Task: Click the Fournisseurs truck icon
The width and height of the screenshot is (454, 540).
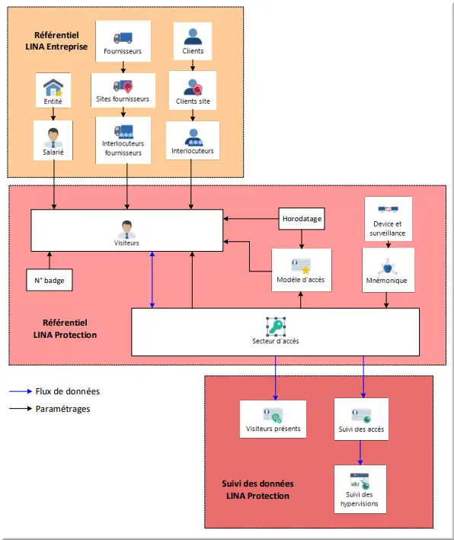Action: tap(123, 38)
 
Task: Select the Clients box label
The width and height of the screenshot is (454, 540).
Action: tap(193, 51)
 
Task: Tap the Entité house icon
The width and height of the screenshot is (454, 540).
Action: tap(53, 88)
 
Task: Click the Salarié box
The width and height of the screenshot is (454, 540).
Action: tap(53, 140)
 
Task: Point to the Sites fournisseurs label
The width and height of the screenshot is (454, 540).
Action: tap(123, 99)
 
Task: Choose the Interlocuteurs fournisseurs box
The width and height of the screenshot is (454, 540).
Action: tap(123, 140)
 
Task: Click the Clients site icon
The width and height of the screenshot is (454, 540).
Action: tap(193, 87)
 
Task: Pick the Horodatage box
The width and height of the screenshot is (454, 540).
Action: tap(302, 219)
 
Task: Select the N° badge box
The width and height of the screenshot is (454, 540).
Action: tap(50, 280)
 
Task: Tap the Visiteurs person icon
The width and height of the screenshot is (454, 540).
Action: tap(127, 230)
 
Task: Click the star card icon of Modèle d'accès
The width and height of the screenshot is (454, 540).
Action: tap(302, 266)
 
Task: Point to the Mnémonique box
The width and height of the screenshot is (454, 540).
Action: tap(388, 270)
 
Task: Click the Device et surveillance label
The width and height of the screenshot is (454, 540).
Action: tap(388, 228)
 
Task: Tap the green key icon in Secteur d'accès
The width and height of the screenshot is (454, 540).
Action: tap(276, 326)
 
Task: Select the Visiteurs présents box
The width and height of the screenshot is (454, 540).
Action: tap(273, 419)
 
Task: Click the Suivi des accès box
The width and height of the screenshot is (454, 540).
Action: tap(361, 419)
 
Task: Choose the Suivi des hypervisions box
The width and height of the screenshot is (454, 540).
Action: tap(360, 490)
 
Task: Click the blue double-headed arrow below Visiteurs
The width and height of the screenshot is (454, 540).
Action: tap(152, 280)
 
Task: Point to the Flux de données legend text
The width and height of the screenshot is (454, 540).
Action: tap(68, 391)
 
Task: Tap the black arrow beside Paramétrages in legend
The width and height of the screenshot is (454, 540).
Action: tap(21, 409)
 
